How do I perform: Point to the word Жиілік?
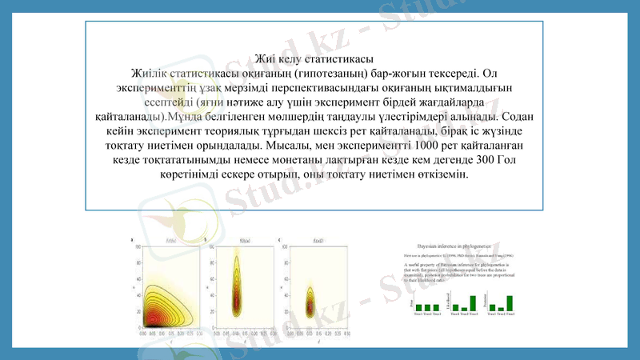(x=157, y=73)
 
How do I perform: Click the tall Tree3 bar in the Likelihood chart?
(x=473, y=302)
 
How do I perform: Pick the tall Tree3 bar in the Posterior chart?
(x=509, y=302)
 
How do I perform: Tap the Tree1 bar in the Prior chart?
(x=418, y=307)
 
